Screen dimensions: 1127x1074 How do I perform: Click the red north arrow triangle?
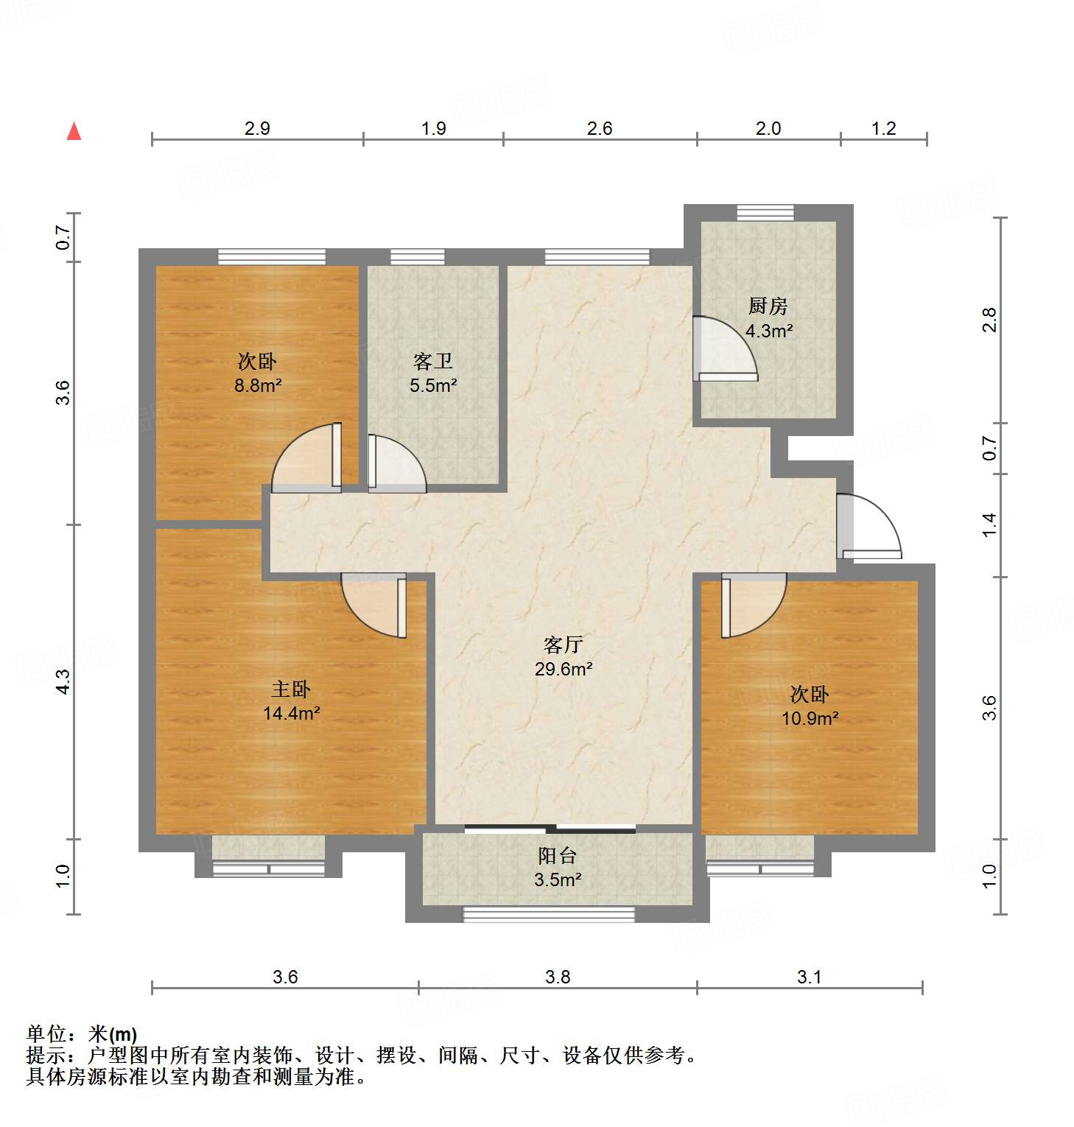(74, 131)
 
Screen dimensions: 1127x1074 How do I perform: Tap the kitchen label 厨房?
(768, 306)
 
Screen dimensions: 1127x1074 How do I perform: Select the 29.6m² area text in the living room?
(564, 669)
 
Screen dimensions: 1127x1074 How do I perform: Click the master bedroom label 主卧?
(290, 689)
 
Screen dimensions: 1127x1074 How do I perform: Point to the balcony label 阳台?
(557, 855)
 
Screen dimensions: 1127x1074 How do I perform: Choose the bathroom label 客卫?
(432, 361)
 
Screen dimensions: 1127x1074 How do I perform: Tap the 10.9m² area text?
(810, 718)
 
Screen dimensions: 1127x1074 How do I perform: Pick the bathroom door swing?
(396, 464)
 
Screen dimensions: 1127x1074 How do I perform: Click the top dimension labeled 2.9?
(257, 128)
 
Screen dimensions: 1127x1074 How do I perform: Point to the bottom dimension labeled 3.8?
(558, 977)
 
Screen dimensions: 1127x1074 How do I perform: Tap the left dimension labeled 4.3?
(64, 681)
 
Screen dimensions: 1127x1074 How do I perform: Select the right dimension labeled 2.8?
(989, 320)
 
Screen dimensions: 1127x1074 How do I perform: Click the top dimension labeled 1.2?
(883, 128)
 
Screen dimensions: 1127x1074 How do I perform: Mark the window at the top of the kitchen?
(765, 213)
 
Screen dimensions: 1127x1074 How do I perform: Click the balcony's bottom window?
(548, 914)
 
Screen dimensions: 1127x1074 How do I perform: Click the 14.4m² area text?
(291, 713)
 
